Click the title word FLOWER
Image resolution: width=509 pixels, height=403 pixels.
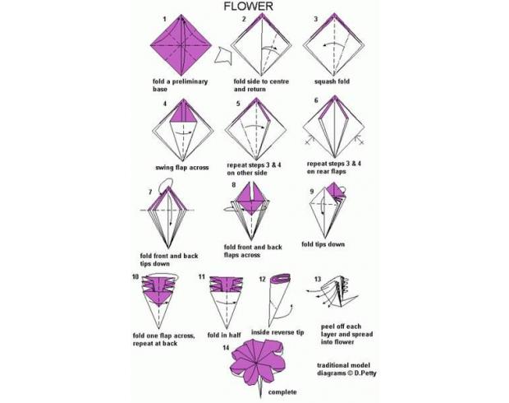(248, 7)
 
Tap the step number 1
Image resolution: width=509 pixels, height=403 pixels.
(164, 19)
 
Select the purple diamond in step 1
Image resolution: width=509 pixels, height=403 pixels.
(181, 44)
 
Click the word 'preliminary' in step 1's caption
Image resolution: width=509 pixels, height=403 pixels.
(190, 81)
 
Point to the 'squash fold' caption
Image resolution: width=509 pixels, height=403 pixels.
(332, 81)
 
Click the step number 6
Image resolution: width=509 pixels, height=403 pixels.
(316, 100)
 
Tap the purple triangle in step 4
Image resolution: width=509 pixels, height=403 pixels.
(183, 111)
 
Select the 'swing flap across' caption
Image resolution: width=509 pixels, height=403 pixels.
(181, 168)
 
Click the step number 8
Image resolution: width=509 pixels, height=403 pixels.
(234, 185)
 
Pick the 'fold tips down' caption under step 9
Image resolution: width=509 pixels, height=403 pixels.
(323, 244)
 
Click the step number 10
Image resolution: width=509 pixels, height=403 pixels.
(135, 277)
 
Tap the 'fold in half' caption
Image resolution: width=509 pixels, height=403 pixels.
(224, 335)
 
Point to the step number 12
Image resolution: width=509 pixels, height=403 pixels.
(262, 279)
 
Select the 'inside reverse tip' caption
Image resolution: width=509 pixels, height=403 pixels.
(277, 332)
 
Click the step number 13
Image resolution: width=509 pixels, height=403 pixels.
(317, 279)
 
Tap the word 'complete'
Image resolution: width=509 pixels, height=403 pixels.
(282, 392)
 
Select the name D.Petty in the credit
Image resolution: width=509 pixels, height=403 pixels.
(365, 373)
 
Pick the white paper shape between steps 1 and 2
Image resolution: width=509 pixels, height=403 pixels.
(223, 56)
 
